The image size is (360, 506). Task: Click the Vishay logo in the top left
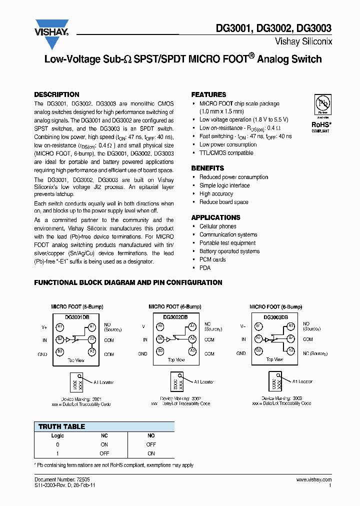tap(51, 28)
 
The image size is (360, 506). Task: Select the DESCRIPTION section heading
tap(56, 94)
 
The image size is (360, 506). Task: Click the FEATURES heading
tap(208, 94)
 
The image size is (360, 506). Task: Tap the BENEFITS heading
tap(207, 168)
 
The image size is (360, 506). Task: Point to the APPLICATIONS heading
tap(215, 217)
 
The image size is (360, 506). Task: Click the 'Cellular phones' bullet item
tap(217, 226)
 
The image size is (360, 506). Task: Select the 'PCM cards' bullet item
tap(212, 259)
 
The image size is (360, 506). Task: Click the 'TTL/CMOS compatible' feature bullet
tap(226, 153)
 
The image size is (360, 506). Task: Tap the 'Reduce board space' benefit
tap(223, 202)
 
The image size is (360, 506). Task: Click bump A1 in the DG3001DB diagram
tap(91, 326)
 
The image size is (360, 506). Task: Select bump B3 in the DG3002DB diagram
tap(160, 351)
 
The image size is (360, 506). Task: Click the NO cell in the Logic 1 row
tap(151, 453)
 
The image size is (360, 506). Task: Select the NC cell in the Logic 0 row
tap(104, 444)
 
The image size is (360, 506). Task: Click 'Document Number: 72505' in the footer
tap(55, 479)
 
